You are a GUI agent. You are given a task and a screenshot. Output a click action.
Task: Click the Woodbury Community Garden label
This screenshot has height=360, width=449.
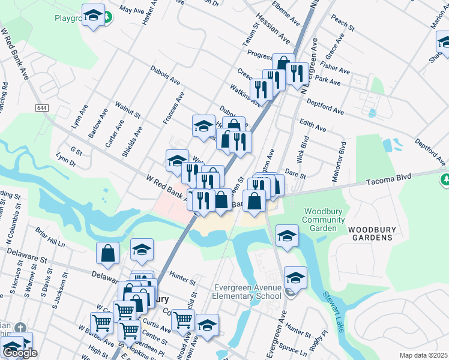(324, 220)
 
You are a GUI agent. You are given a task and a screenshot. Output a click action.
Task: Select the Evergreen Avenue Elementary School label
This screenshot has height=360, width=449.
(248, 292)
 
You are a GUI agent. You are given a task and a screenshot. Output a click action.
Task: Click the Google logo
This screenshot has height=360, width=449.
(20, 353)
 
